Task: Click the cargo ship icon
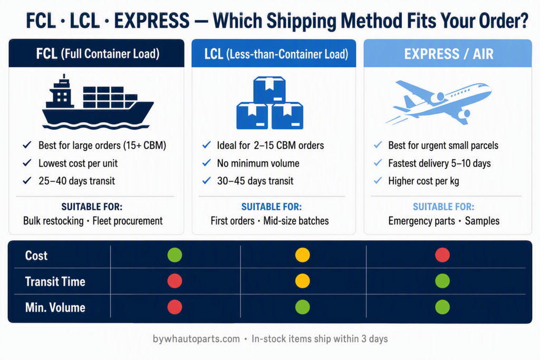coord(98,103)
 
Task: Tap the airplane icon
coord(439,102)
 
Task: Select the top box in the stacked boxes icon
coord(269,90)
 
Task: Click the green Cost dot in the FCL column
coord(175,255)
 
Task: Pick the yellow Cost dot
coord(302,255)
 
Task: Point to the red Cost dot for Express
coord(442,255)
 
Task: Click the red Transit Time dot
coord(175,281)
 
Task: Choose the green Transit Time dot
coord(442,281)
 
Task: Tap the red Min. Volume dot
coord(175,307)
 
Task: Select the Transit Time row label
coord(55,281)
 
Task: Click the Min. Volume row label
coord(55,307)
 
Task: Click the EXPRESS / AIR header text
coord(449,54)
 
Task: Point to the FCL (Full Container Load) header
coord(98,54)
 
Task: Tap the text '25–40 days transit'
coord(77,181)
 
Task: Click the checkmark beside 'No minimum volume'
coord(207,163)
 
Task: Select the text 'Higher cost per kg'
coord(423,181)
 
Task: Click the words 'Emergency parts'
coord(421,221)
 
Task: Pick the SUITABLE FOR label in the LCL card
coord(272,207)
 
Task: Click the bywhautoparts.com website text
coord(196,339)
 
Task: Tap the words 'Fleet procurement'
coord(128,221)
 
